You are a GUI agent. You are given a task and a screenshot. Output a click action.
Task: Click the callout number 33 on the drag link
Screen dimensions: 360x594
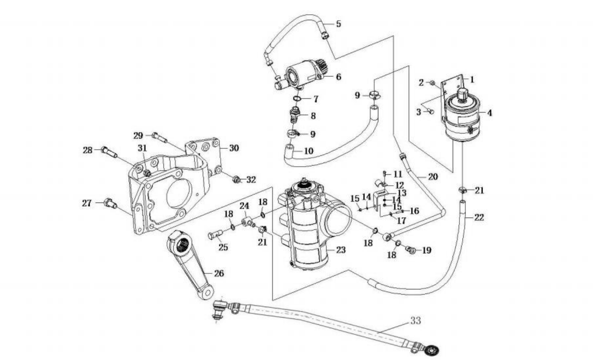tap(415, 321)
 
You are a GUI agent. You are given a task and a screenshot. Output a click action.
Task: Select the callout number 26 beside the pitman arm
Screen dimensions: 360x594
tap(219, 273)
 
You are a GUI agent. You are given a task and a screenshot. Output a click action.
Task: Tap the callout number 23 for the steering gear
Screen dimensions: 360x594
tap(341, 250)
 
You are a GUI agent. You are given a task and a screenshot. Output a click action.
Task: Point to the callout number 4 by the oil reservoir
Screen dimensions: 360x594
tap(489, 113)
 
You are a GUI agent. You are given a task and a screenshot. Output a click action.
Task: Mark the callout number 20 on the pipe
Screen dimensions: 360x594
tap(433, 177)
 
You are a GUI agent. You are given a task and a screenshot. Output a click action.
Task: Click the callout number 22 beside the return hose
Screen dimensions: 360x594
tap(479, 218)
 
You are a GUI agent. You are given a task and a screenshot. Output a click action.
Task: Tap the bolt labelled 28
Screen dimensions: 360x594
tap(109, 152)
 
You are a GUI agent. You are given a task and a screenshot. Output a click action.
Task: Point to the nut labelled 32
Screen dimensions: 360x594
tap(237, 180)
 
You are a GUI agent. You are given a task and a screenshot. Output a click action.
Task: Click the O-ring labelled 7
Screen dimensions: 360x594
tap(297, 99)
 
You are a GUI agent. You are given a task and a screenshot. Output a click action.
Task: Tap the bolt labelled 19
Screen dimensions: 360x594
tap(412, 251)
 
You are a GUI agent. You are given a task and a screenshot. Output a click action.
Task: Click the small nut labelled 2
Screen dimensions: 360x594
tap(432, 82)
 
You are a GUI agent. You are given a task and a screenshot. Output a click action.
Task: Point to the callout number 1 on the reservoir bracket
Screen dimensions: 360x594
tap(472, 79)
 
